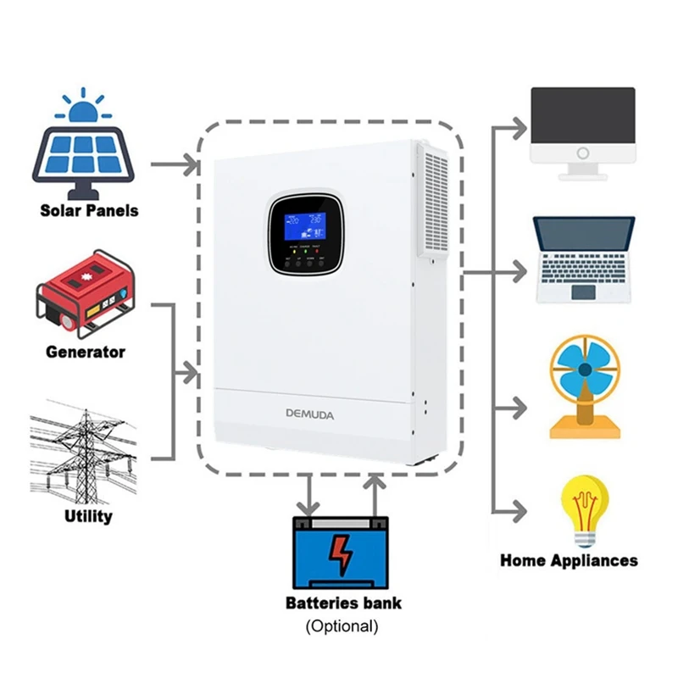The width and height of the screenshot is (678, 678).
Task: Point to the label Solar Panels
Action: click(x=89, y=209)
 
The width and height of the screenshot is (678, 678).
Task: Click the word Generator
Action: click(x=86, y=352)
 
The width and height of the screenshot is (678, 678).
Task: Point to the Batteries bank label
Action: click(x=343, y=604)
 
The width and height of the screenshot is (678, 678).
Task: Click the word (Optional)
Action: click(x=342, y=627)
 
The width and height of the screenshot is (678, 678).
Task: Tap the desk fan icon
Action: click(x=585, y=386)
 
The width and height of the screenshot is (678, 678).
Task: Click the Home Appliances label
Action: click(x=569, y=560)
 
